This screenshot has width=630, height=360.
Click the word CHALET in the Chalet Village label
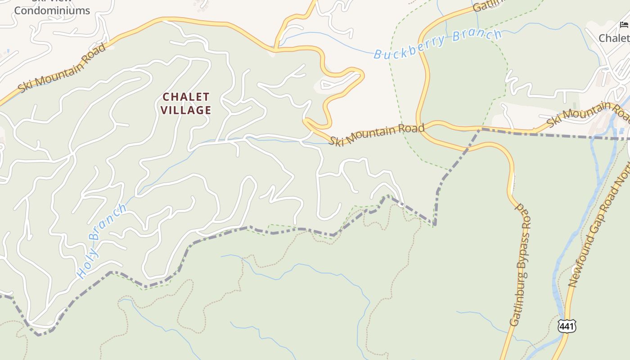[186, 97]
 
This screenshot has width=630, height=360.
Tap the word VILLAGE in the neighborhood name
[186, 110]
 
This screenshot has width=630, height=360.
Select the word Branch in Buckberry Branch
[477, 36]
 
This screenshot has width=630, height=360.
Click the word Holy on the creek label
[85, 263]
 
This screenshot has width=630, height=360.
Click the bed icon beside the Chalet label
[624, 25]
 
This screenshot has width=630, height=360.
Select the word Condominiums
[52, 10]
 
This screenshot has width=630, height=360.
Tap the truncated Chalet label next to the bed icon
[615, 38]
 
